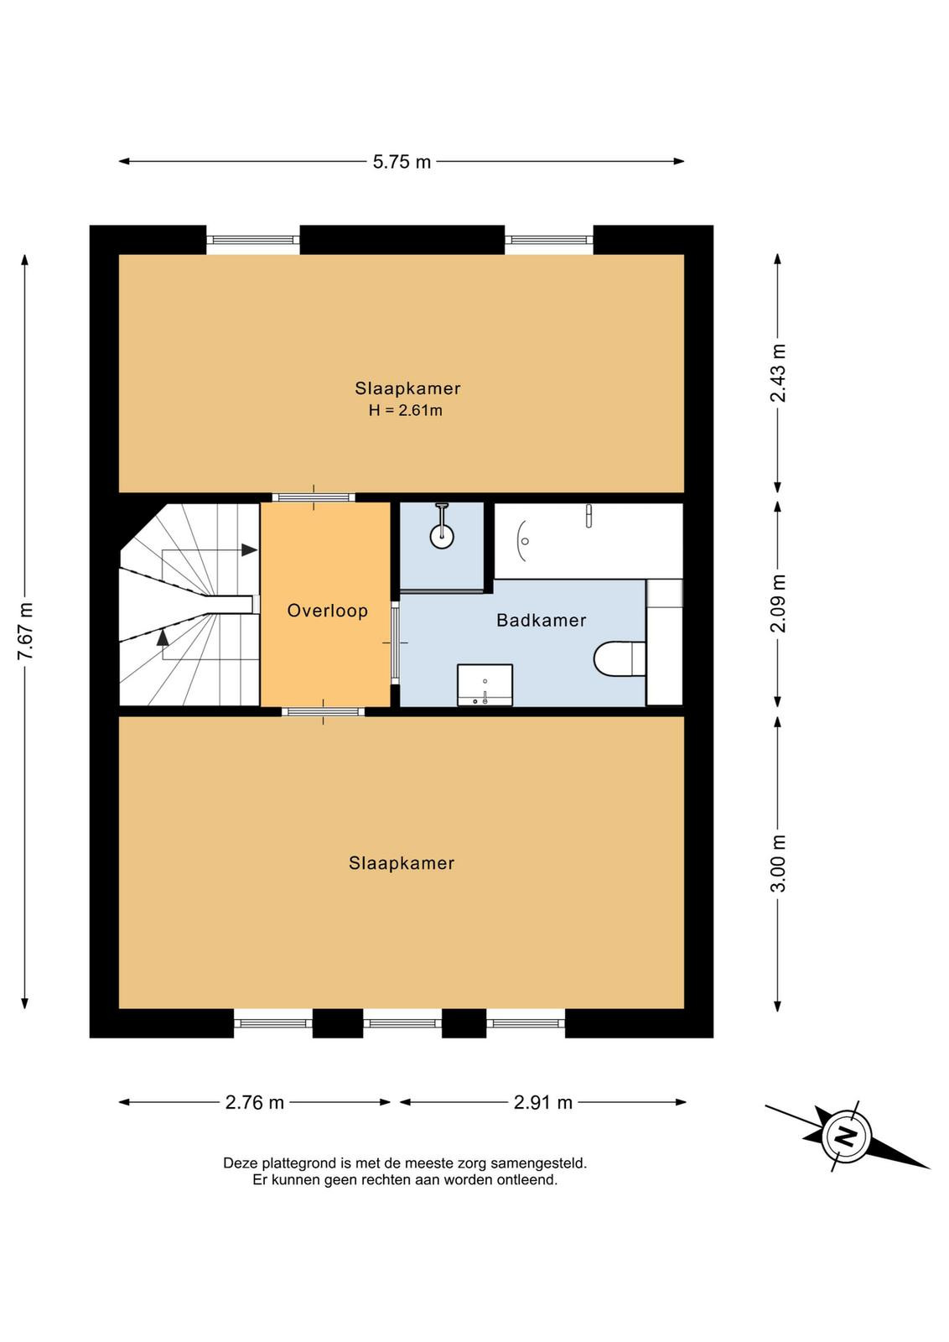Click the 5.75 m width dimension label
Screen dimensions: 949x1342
[x=402, y=162]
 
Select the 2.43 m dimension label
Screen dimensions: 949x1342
[x=778, y=373]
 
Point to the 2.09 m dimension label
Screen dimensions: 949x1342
[x=778, y=604]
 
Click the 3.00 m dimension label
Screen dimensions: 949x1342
[x=778, y=863]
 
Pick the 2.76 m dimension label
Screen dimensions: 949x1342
[x=255, y=1102]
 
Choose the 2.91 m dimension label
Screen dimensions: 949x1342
[x=543, y=1102]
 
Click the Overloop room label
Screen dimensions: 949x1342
[x=328, y=611]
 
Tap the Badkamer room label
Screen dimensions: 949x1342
[x=542, y=620]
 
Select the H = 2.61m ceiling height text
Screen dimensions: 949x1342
[x=406, y=410]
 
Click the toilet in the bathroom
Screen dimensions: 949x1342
[x=620, y=659]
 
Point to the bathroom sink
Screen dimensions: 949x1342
[x=485, y=684]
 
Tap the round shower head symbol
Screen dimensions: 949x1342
[x=443, y=536]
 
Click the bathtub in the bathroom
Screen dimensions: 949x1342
[x=588, y=541]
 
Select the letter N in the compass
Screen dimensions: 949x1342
[x=846, y=1136]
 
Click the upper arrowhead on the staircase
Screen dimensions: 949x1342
[x=249, y=549]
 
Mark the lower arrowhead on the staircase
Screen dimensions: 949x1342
[x=163, y=637]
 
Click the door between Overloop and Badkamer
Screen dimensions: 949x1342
[x=395, y=642]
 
